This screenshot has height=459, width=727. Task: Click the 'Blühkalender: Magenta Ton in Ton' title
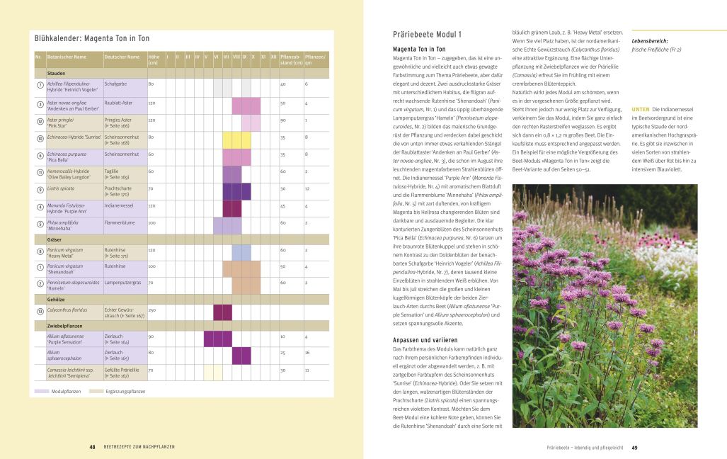coord(92,38)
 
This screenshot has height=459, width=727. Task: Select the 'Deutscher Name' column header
coord(122,57)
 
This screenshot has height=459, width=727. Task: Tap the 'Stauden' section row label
coord(57,73)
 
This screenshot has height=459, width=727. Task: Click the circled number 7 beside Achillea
coord(40,85)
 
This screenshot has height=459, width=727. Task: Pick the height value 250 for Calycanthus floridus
coord(151,310)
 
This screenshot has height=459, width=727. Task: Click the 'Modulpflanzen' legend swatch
coord(41,391)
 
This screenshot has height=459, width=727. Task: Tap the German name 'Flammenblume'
coord(120,222)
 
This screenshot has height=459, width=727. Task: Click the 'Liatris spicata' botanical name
coord(62,188)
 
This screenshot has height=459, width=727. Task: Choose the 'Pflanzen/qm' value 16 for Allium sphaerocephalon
coord(306,352)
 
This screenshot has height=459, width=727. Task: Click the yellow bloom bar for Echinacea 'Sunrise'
coord(236,137)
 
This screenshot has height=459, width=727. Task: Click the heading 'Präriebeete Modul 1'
coord(427,34)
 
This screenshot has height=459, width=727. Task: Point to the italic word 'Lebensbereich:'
coord(650,41)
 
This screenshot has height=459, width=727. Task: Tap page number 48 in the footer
coord(92,447)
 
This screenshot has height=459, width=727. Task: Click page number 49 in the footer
coord(635,447)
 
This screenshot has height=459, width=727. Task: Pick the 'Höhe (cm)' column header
coord(154,59)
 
